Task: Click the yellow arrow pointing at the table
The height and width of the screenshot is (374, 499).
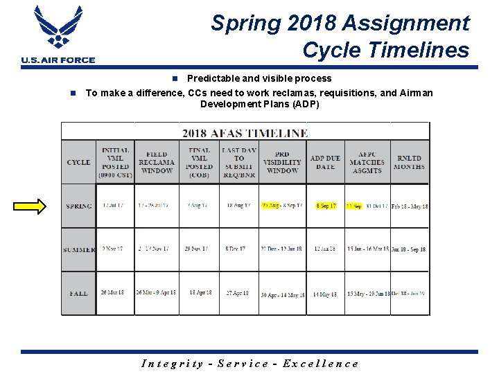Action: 31,206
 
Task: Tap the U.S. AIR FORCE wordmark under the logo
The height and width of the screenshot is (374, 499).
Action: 58,60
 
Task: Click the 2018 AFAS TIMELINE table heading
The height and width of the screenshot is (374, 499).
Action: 245,132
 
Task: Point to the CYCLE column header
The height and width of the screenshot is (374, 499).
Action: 78,162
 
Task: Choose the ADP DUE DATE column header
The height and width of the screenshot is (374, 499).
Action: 325,162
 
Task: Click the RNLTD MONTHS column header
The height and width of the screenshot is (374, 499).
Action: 410,162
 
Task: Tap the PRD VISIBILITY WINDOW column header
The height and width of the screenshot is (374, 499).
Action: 282,162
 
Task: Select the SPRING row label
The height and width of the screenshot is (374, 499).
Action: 78,206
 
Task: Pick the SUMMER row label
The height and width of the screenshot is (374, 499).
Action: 79,249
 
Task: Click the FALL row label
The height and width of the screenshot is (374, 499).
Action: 79,293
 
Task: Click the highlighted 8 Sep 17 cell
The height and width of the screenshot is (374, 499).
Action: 326,206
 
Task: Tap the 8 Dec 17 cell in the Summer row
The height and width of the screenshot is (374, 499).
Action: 239,249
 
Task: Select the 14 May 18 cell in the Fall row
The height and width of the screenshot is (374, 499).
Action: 325,294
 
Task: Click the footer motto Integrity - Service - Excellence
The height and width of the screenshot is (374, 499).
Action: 249,364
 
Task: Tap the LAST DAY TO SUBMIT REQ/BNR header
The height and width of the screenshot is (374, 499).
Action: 239,162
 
